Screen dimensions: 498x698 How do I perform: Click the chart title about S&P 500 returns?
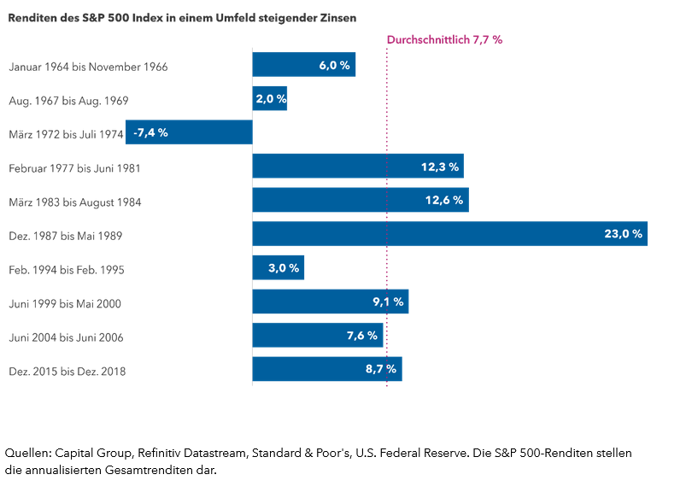coord(183,17)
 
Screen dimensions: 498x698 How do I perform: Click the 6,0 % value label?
coord(334,65)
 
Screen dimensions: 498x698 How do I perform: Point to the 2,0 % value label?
coord(269,99)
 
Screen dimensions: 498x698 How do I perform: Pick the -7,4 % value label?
coord(150,132)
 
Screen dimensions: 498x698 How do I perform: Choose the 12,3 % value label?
coord(440,167)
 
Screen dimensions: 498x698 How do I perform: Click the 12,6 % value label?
coord(445,200)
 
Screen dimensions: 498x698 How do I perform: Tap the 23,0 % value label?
coord(623,234)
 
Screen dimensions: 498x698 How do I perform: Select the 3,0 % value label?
coord(283,268)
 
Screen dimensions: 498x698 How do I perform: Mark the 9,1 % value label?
coord(388,302)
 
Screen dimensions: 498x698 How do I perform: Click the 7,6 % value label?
coord(362,336)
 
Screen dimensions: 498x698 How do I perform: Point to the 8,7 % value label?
coord(381,369)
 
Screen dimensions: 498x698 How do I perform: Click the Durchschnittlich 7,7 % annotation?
coord(444,39)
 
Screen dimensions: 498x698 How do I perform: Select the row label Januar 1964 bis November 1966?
coord(88,67)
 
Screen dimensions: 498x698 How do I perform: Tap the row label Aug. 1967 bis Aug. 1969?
coord(68,101)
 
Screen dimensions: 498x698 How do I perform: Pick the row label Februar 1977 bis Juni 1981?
coord(74,168)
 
